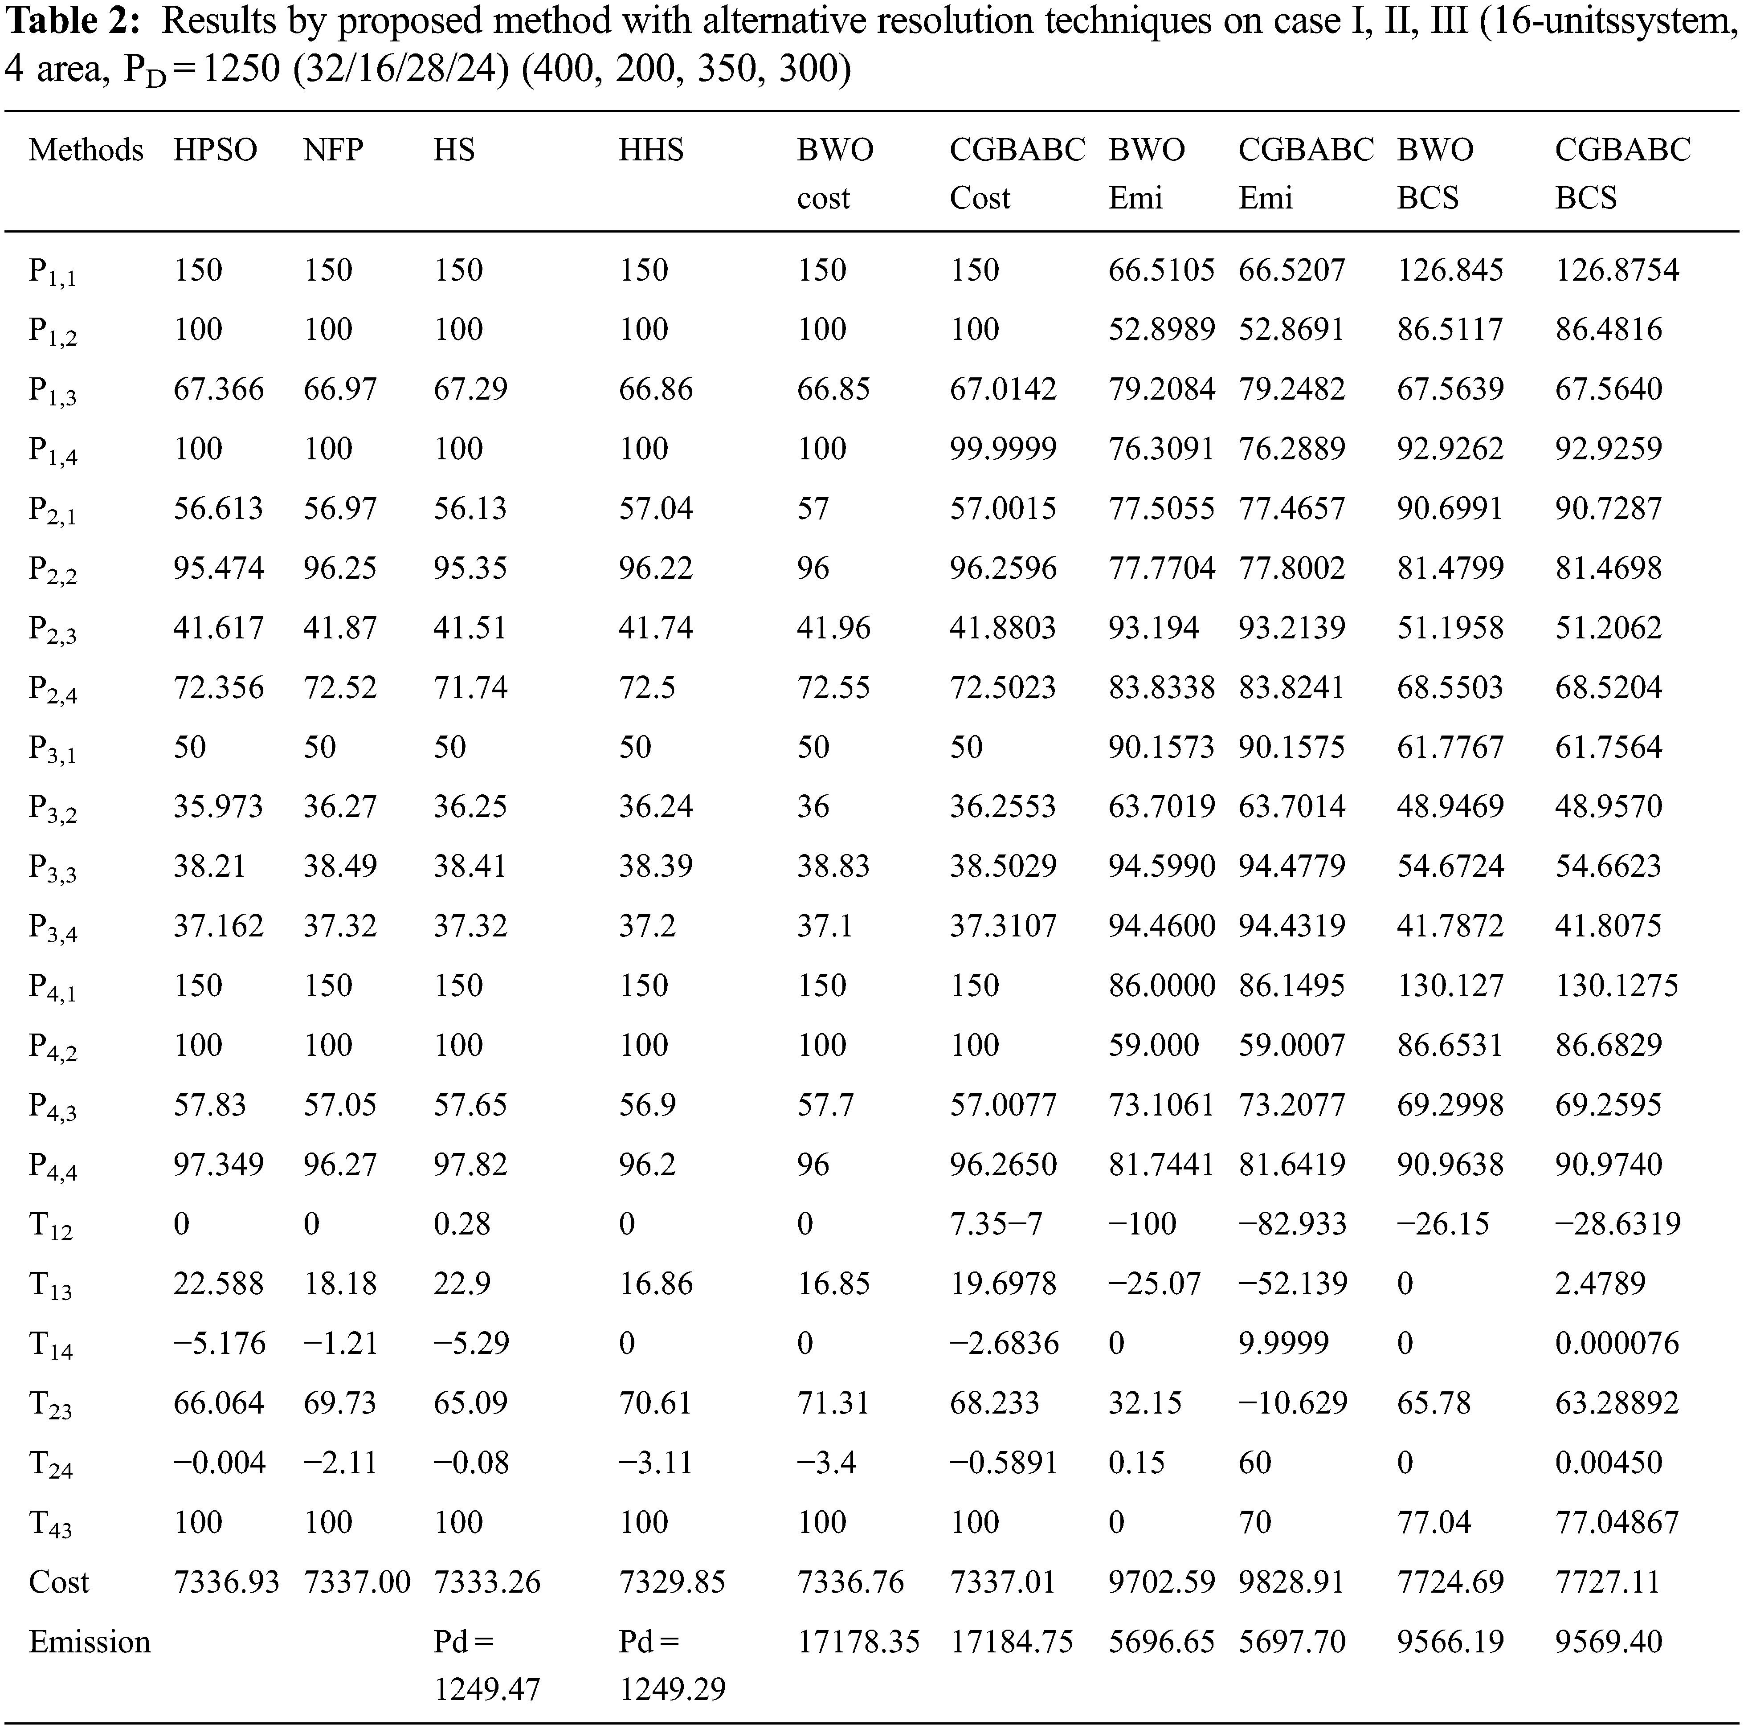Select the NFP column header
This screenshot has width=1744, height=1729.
pos(333,150)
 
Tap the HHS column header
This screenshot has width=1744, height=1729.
pos(651,150)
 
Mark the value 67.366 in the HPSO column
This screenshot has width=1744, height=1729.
pos(218,389)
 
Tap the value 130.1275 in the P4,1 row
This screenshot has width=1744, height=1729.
pos(1616,985)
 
